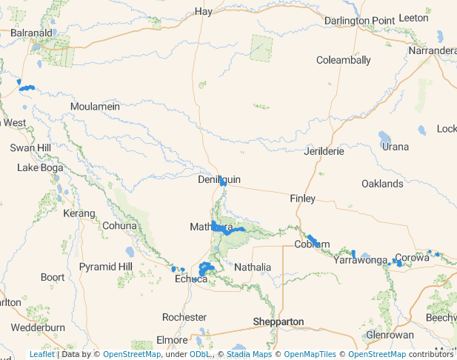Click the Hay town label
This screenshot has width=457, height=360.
point(203,11)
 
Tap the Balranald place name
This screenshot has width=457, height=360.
point(31,33)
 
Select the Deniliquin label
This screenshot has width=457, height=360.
point(219,180)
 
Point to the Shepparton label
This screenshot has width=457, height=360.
point(278,321)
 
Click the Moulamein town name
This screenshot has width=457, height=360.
point(95,107)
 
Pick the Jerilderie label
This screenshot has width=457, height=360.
point(324,151)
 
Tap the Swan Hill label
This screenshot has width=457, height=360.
point(30,148)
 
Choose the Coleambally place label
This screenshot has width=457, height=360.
point(344,60)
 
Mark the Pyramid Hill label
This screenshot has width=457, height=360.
point(106,266)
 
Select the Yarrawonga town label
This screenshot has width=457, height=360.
point(361,260)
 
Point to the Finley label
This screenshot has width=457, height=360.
point(302,199)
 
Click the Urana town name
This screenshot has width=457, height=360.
point(395,147)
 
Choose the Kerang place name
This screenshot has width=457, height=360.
point(79,213)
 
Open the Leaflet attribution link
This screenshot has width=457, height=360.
point(41,354)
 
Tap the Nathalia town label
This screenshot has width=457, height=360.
point(253,267)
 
